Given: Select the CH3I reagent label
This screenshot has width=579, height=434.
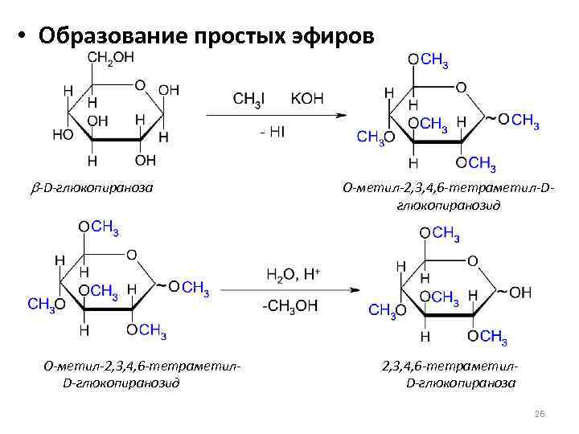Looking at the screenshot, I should click(x=249, y=97).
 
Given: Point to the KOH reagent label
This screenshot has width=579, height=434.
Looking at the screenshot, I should click(x=307, y=97).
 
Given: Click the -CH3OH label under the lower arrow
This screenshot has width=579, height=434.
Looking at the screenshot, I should click(x=290, y=305).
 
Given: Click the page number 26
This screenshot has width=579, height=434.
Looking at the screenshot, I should click(x=540, y=413).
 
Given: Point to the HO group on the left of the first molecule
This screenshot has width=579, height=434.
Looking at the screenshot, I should click(x=63, y=134).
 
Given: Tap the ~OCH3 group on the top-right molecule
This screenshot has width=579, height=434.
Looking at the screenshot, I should click(x=515, y=121).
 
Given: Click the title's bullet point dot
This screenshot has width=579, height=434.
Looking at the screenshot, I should click(x=18, y=37).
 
